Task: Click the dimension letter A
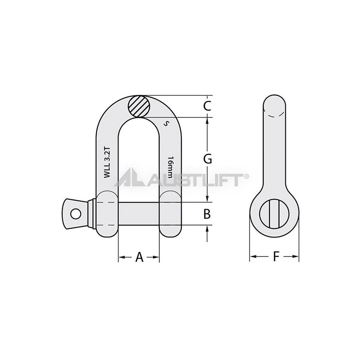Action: point(139,257)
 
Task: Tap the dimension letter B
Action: point(207,214)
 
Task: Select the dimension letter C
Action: point(207,106)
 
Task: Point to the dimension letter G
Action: point(207,159)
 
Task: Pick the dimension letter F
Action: point(276,256)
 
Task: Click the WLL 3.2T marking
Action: point(107,162)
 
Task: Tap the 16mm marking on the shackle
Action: point(170,167)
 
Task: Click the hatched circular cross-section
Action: point(139,106)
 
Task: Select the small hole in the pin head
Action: point(76,214)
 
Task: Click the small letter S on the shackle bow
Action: point(166,124)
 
